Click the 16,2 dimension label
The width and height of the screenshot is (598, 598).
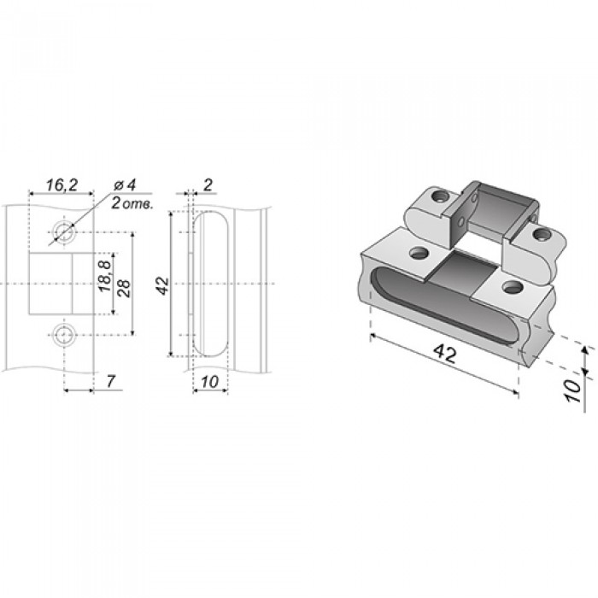pos(62,185)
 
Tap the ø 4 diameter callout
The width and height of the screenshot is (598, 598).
pos(125,185)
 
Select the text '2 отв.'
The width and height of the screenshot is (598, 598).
pos(132,204)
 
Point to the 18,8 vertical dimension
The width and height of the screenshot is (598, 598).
pos(105,276)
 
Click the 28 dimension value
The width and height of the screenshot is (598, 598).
pos(124,289)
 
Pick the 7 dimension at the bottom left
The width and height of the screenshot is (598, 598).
pos(110,381)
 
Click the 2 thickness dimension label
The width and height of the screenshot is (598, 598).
pos(208,185)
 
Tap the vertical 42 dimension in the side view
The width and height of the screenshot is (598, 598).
pos(163,285)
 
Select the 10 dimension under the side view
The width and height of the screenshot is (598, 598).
pos(209,382)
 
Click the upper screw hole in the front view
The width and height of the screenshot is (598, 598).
pos(64,232)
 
